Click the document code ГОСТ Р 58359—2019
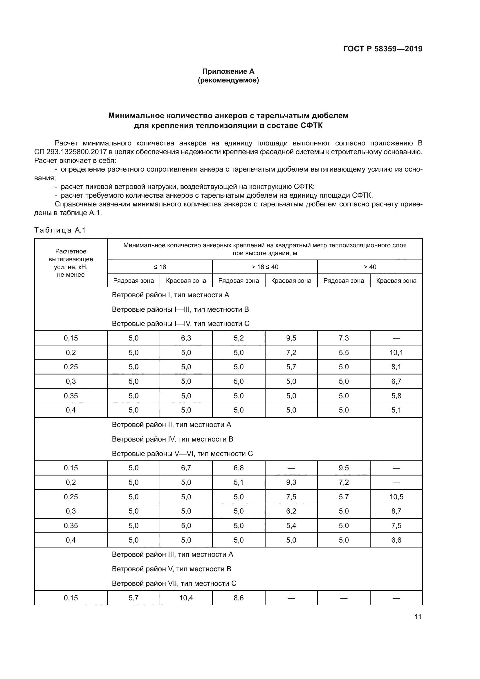tap(383, 49)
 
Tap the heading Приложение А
tap(228, 71)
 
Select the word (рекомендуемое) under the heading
tap(228, 80)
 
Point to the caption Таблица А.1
tap(60, 230)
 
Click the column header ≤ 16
tap(160, 267)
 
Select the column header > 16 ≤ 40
tap(265, 267)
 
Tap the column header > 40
tap(370, 267)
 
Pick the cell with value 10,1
tap(396, 352)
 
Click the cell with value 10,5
tap(396, 497)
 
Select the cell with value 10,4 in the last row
tap(186, 598)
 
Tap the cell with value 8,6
tap(239, 598)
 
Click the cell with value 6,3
tap(186, 338)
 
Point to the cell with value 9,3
tap(291, 482)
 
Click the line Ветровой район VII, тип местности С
tap(174, 583)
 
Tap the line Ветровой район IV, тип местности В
tap(172, 439)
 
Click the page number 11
tap(418, 617)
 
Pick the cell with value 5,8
tap(396, 396)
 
